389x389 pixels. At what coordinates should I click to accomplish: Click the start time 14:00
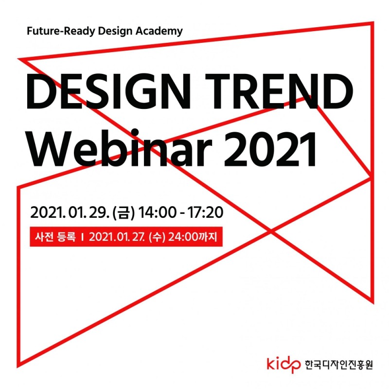pyautogui.click(x=157, y=212)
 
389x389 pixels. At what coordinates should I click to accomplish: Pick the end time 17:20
pyautogui.click(x=205, y=212)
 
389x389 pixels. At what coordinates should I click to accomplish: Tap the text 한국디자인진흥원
pyautogui.click(x=338, y=364)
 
